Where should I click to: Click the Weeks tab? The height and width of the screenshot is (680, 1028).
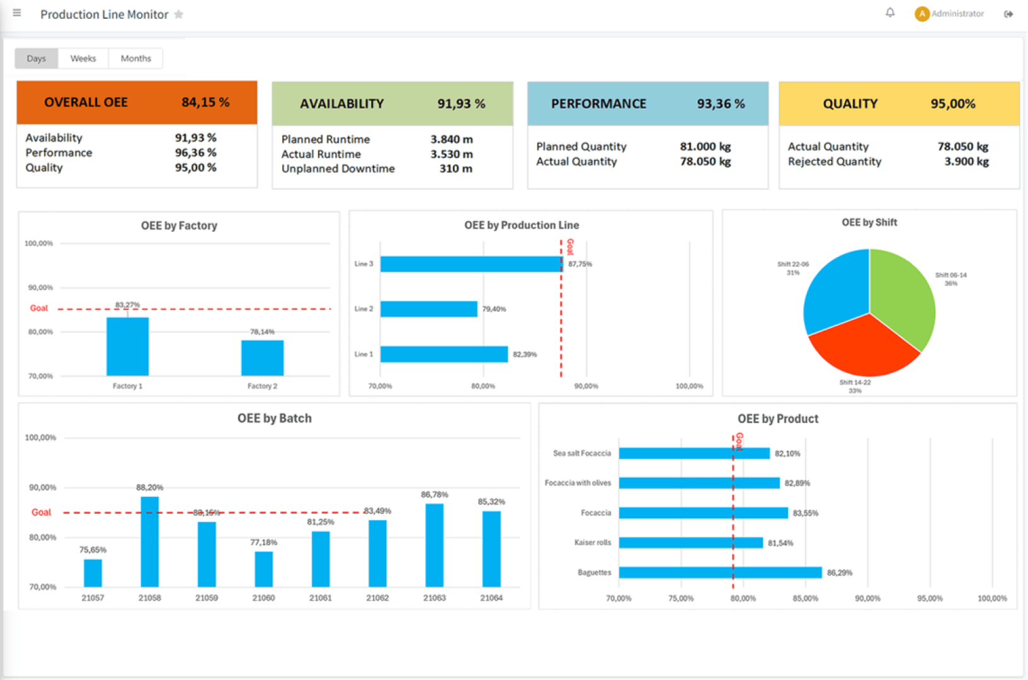pos(83,59)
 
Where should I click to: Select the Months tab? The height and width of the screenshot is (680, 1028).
pos(135,59)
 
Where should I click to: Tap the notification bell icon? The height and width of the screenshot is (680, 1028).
pos(890,13)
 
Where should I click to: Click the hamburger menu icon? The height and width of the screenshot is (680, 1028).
pos(17,13)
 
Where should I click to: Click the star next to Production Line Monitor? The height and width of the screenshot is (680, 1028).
pos(179,14)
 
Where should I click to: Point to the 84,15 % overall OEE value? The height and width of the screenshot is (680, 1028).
pos(205,103)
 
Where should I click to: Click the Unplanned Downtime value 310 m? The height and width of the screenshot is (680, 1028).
pos(455,169)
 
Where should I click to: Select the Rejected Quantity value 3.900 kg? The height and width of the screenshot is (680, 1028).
pos(966,162)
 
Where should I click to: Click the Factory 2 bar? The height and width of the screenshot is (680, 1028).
pos(262,358)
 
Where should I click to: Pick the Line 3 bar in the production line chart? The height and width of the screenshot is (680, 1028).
pos(471,264)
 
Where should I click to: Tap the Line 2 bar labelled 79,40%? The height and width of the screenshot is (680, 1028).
pos(428,309)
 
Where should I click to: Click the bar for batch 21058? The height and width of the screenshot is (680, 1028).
pos(150,541)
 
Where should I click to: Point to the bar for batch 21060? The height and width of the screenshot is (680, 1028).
pos(263,569)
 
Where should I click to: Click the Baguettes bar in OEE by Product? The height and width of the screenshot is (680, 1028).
pos(720,572)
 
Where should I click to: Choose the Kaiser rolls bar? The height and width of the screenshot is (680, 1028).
pos(690,543)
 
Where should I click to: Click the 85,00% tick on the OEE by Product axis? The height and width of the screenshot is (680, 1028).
pos(805,598)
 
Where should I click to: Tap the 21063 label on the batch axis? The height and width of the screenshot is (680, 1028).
pos(434,598)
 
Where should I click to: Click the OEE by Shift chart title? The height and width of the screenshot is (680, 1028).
pos(869,222)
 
